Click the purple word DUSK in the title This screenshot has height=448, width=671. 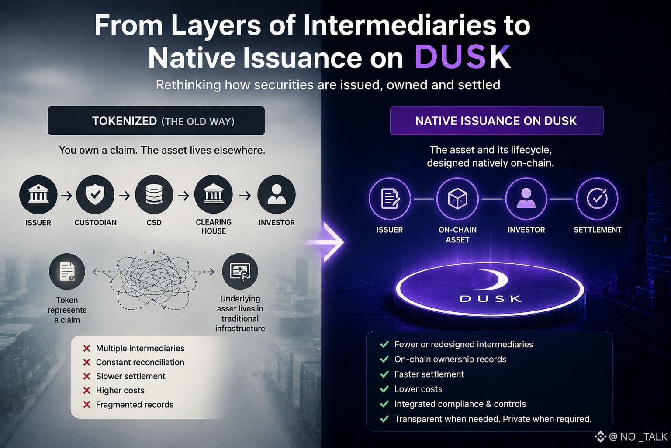pos(463,57)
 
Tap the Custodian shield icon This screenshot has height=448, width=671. pos(95,194)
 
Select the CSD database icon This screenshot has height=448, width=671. pos(154,194)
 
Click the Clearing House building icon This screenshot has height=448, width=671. pos(213,194)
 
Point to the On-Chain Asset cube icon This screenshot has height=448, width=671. pos(457,198)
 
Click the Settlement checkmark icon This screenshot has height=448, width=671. pos(597,198)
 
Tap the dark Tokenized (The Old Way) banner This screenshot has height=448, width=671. pos(156,121)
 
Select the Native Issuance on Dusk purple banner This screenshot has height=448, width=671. pos(496,121)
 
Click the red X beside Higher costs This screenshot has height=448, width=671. pos(86,390)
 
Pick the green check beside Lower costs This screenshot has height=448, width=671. pos(384,389)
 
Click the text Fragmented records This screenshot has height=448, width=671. pos(135,405)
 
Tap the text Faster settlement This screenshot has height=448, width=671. pos(429,374)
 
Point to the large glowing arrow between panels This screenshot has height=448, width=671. pos(328,242)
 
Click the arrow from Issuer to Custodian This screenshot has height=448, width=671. pos(67,196)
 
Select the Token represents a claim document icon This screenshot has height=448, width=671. pos(67,272)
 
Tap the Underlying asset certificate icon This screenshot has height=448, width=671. pos(240,272)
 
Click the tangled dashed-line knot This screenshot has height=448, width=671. pos(153,280)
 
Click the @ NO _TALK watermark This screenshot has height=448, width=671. pos(631,437)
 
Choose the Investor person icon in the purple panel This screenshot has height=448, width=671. pos(526,198)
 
